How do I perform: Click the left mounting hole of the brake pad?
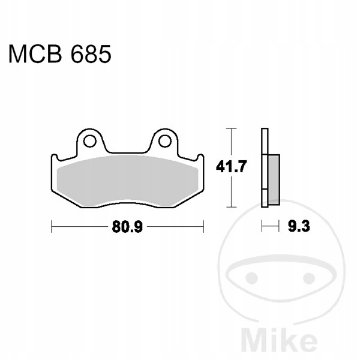click(x=89, y=141)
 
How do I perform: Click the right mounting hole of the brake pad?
click(x=165, y=141)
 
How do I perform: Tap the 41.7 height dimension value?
click(x=231, y=166)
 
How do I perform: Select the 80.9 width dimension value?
click(x=127, y=227)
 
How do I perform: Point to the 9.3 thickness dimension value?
click(x=299, y=226)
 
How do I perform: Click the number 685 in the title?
click(x=91, y=54)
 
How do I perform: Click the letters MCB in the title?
click(x=35, y=54)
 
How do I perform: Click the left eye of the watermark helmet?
click(x=252, y=278)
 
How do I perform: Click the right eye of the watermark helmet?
click(x=309, y=278)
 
